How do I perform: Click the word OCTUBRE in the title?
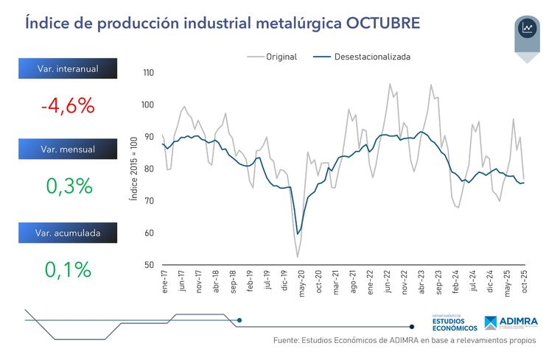[382, 23]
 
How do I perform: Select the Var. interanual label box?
[68, 69]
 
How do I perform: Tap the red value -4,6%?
[68, 105]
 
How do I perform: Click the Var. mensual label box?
[68, 149]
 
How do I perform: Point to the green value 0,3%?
[69, 186]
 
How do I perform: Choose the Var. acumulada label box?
[68, 233]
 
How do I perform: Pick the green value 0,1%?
[69, 269]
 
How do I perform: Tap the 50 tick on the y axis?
[149, 265]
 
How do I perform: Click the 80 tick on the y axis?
[149, 169]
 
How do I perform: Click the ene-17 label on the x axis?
[163, 283]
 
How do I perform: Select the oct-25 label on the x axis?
[523, 283]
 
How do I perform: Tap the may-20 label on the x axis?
[300, 283]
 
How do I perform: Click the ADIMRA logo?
[511, 323]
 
